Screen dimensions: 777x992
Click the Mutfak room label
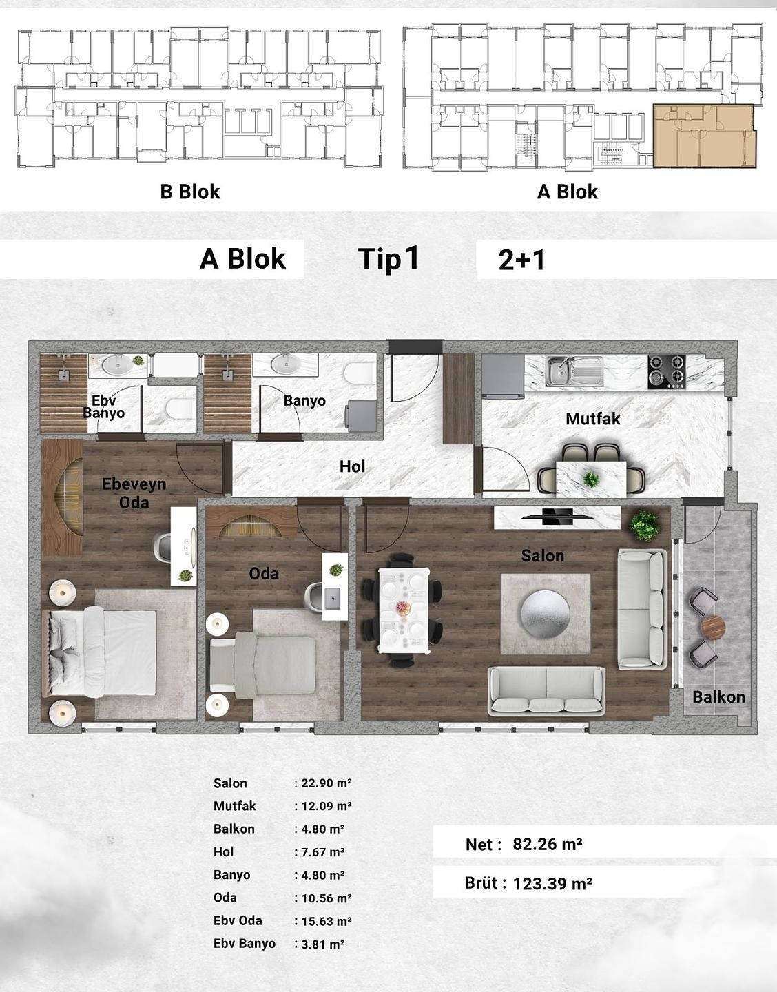[592, 419]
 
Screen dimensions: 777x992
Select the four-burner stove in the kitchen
[667, 371]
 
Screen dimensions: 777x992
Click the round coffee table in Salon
[546, 614]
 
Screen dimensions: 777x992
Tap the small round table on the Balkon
[713, 628]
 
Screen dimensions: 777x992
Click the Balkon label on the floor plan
[718, 696]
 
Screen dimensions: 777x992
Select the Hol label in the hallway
[352, 466]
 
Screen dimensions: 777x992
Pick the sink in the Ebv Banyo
[116, 364]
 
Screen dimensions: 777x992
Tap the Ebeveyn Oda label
[134, 493]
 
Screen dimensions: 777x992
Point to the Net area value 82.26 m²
[548, 844]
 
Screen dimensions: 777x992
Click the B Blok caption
[190, 192]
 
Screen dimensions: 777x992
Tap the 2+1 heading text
[521, 260]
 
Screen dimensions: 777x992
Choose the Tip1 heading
[388, 259]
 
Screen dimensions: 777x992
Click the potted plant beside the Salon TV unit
[644, 526]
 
